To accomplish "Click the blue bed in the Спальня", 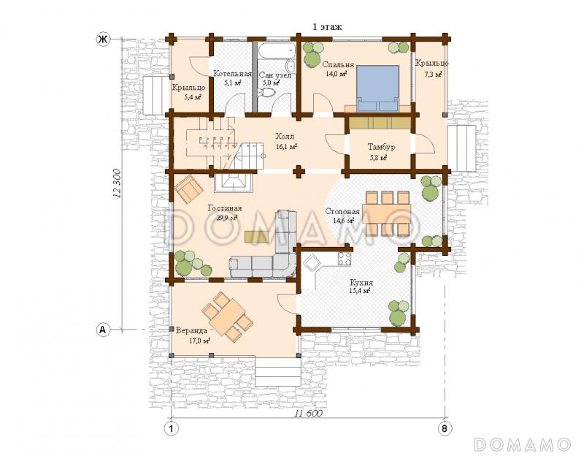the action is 378,88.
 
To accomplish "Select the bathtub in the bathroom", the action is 277,51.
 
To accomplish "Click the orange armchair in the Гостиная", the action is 190,189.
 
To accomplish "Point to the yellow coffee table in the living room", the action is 256,237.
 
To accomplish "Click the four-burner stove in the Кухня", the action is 344,259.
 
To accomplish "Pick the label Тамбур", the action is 381,147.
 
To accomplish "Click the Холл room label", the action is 285,136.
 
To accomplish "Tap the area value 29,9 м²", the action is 227,218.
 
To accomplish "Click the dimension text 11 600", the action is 308,413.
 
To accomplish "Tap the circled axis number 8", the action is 445,428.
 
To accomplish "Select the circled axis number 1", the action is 172,428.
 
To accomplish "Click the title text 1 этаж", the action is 327,27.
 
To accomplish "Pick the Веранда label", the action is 192,331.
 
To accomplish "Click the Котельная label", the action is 232,74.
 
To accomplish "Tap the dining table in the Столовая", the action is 387,213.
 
